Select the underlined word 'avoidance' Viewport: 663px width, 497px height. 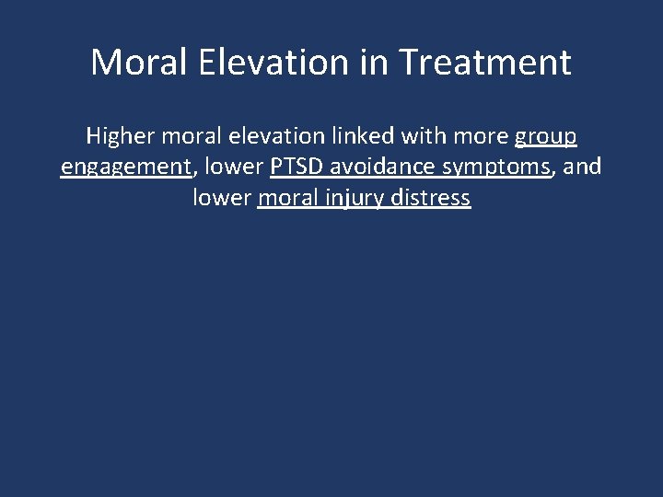[x=378, y=168]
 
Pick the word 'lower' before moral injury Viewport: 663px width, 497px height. [x=222, y=198]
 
